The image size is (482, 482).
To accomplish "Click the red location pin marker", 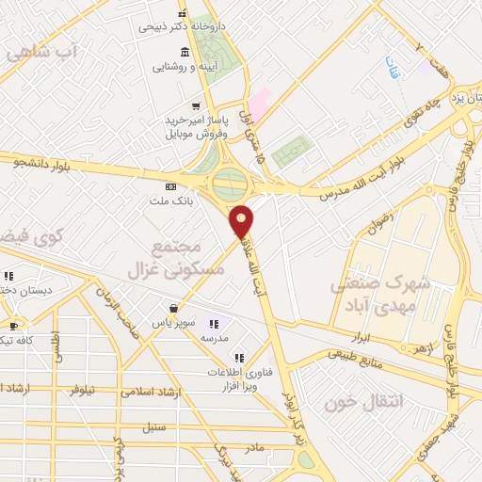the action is pos(243,221).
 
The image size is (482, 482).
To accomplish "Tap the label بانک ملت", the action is pos(169,201).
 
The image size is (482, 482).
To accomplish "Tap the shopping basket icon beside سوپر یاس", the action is pos(173,307).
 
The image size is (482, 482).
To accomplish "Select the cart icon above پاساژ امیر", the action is pos(195,105).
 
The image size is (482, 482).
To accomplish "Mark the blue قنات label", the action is pos(390,67).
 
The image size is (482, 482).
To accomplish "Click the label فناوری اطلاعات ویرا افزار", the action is pos(240,379).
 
